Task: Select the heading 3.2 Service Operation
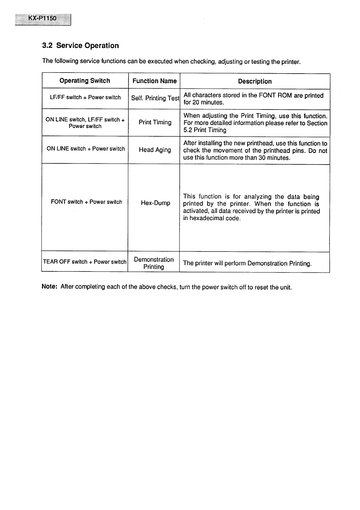point(80,46)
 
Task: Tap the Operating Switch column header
point(85,81)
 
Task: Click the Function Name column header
point(154,81)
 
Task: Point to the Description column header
point(255,81)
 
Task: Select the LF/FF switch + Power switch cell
point(85,97)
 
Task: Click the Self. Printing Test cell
point(155,98)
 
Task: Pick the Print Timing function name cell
point(155,122)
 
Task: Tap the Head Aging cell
point(155,150)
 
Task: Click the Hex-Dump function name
point(155,203)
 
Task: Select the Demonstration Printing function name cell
point(154,263)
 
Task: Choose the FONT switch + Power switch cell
point(86,202)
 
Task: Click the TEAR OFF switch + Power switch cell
point(85,262)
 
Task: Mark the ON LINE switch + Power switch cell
point(86,149)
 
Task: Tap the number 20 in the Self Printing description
point(196,103)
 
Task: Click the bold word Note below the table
point(49,287)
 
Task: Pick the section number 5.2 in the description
point(188,130)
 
